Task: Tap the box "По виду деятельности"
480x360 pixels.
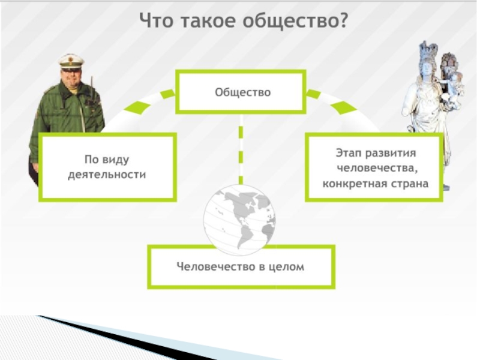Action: pyautogui.click(x=107, y=167)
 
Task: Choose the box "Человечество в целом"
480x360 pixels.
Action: pyautogui.click(x=241, y=266)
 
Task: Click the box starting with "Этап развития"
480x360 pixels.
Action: pyautogui.click(x=374, y=167)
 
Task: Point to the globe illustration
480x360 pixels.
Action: pyautogui.click(x=239, y=216)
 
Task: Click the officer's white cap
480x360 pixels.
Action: pyautogui.click(x=71, y=60)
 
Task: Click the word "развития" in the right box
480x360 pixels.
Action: pyautogui.click(x=390, y=153)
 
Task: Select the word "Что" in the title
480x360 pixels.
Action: pyautogui.click(x=154, y=21)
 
